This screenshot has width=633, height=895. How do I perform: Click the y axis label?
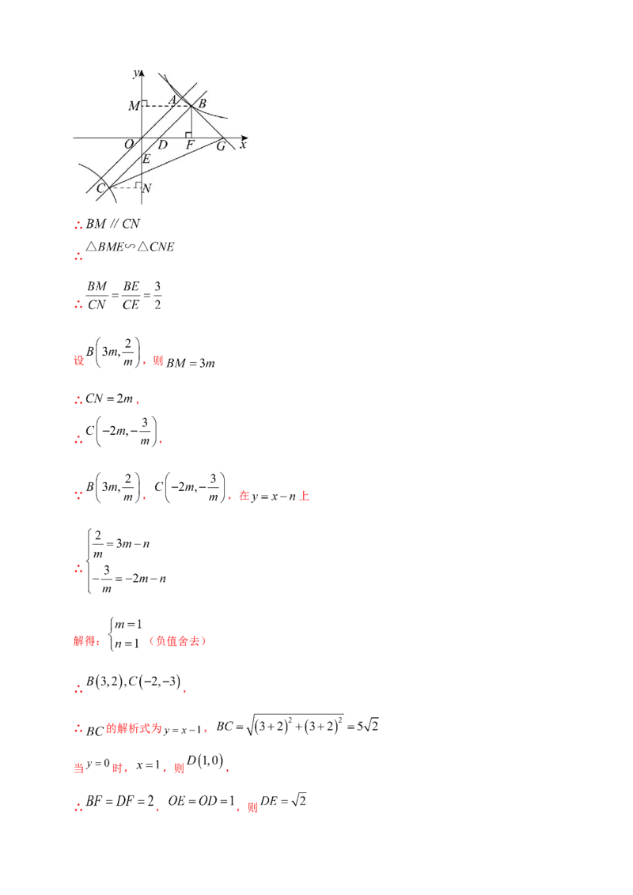click(x=136, y=74)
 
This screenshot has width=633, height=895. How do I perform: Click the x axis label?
click(x=243, y=145)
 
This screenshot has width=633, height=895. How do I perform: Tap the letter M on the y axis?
click(x=134, y=106)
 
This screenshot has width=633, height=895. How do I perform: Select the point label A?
click(x=172, y=100)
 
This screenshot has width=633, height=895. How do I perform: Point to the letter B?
click(x=202, y=104)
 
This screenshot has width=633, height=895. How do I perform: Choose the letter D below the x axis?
click(x=162, y=145)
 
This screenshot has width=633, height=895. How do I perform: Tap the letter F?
click(x=190, y=145)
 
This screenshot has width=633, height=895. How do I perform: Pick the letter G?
click(x=220, y=146)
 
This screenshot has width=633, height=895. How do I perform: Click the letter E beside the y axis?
click(x=146, y=160)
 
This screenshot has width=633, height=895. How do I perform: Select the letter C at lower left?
click(x=100, y=188)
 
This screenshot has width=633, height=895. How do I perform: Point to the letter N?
click(x=147, y=188)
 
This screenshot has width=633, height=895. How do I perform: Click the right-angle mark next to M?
click(x=145, y=103)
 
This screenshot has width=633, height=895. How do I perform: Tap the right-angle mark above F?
click(x=188, y=134)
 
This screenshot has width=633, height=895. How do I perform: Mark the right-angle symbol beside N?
click(x=138, y=185)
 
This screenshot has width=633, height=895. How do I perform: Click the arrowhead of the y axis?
click(x=142, y=72)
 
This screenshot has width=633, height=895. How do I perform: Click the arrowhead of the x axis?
click(x=247, y=138)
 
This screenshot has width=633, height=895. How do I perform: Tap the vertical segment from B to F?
click(x=192, y=121)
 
